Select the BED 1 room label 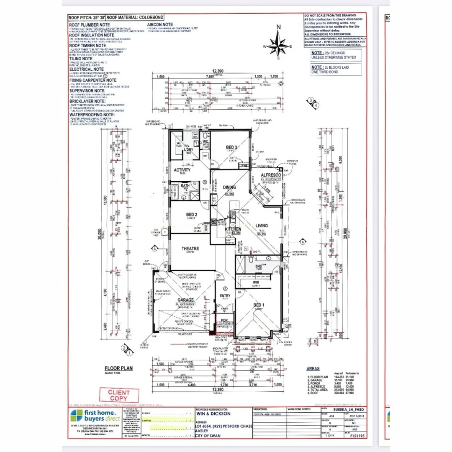pyautogui.click(x=258, y=305)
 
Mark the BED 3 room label pyautogui.click(x=232, y=147)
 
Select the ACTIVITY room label pyautogui.click(x=182, y=170)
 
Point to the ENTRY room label pyautogui.click(x=225, y=296)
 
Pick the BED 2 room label pyautogui.click(x=192, y=215)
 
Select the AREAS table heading pyautogui.click(x=313, y=369)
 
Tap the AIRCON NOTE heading pyautogui.click(x=160, y=25)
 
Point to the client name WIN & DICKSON pyautogui.click(x=213, y=413)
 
